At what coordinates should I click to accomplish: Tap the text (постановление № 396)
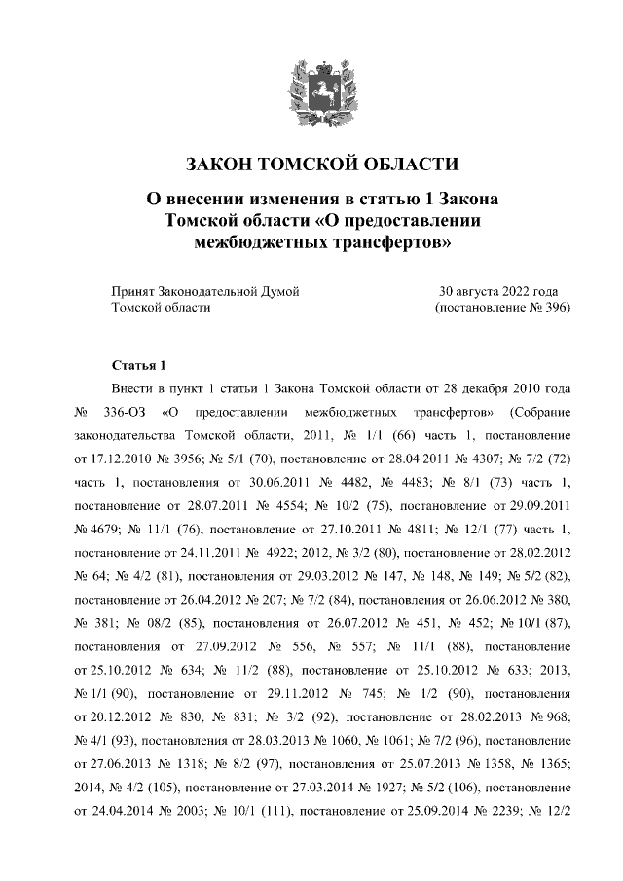500,307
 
